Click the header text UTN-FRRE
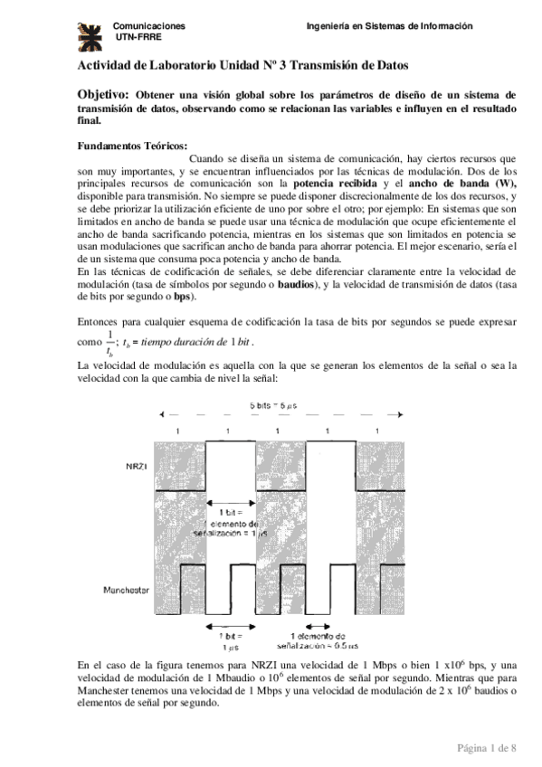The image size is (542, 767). point(135,39)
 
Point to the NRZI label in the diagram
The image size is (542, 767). point(136,466)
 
